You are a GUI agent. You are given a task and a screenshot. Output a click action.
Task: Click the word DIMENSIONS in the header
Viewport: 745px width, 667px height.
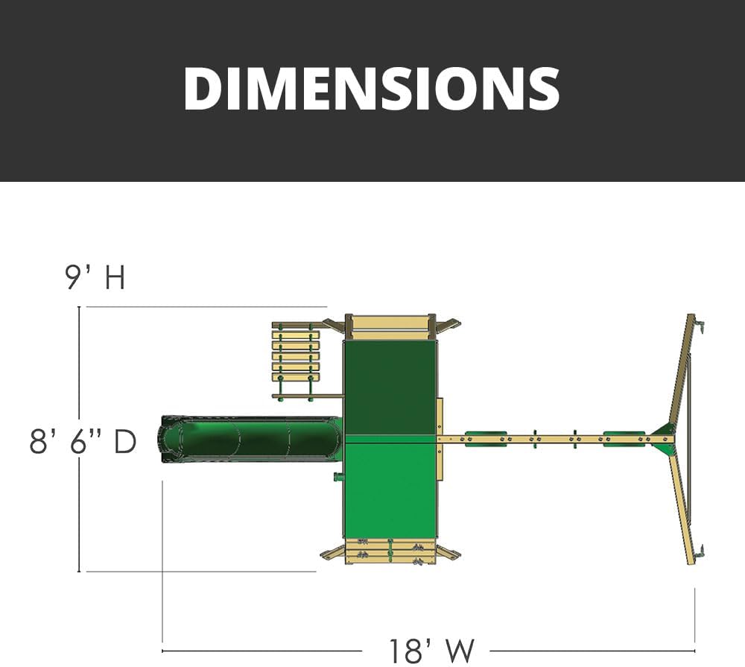coord(372,89)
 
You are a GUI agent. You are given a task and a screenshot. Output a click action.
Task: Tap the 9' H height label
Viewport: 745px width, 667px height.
coord(95,278)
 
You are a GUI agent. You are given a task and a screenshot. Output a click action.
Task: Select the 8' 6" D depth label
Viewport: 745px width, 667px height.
coord(83,441)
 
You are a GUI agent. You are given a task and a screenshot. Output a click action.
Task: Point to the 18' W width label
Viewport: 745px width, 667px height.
coord(431,651)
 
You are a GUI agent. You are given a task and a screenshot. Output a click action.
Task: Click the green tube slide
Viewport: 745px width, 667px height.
coord(250,439)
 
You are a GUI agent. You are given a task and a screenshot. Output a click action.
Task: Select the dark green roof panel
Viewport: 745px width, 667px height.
coord(390,388)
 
